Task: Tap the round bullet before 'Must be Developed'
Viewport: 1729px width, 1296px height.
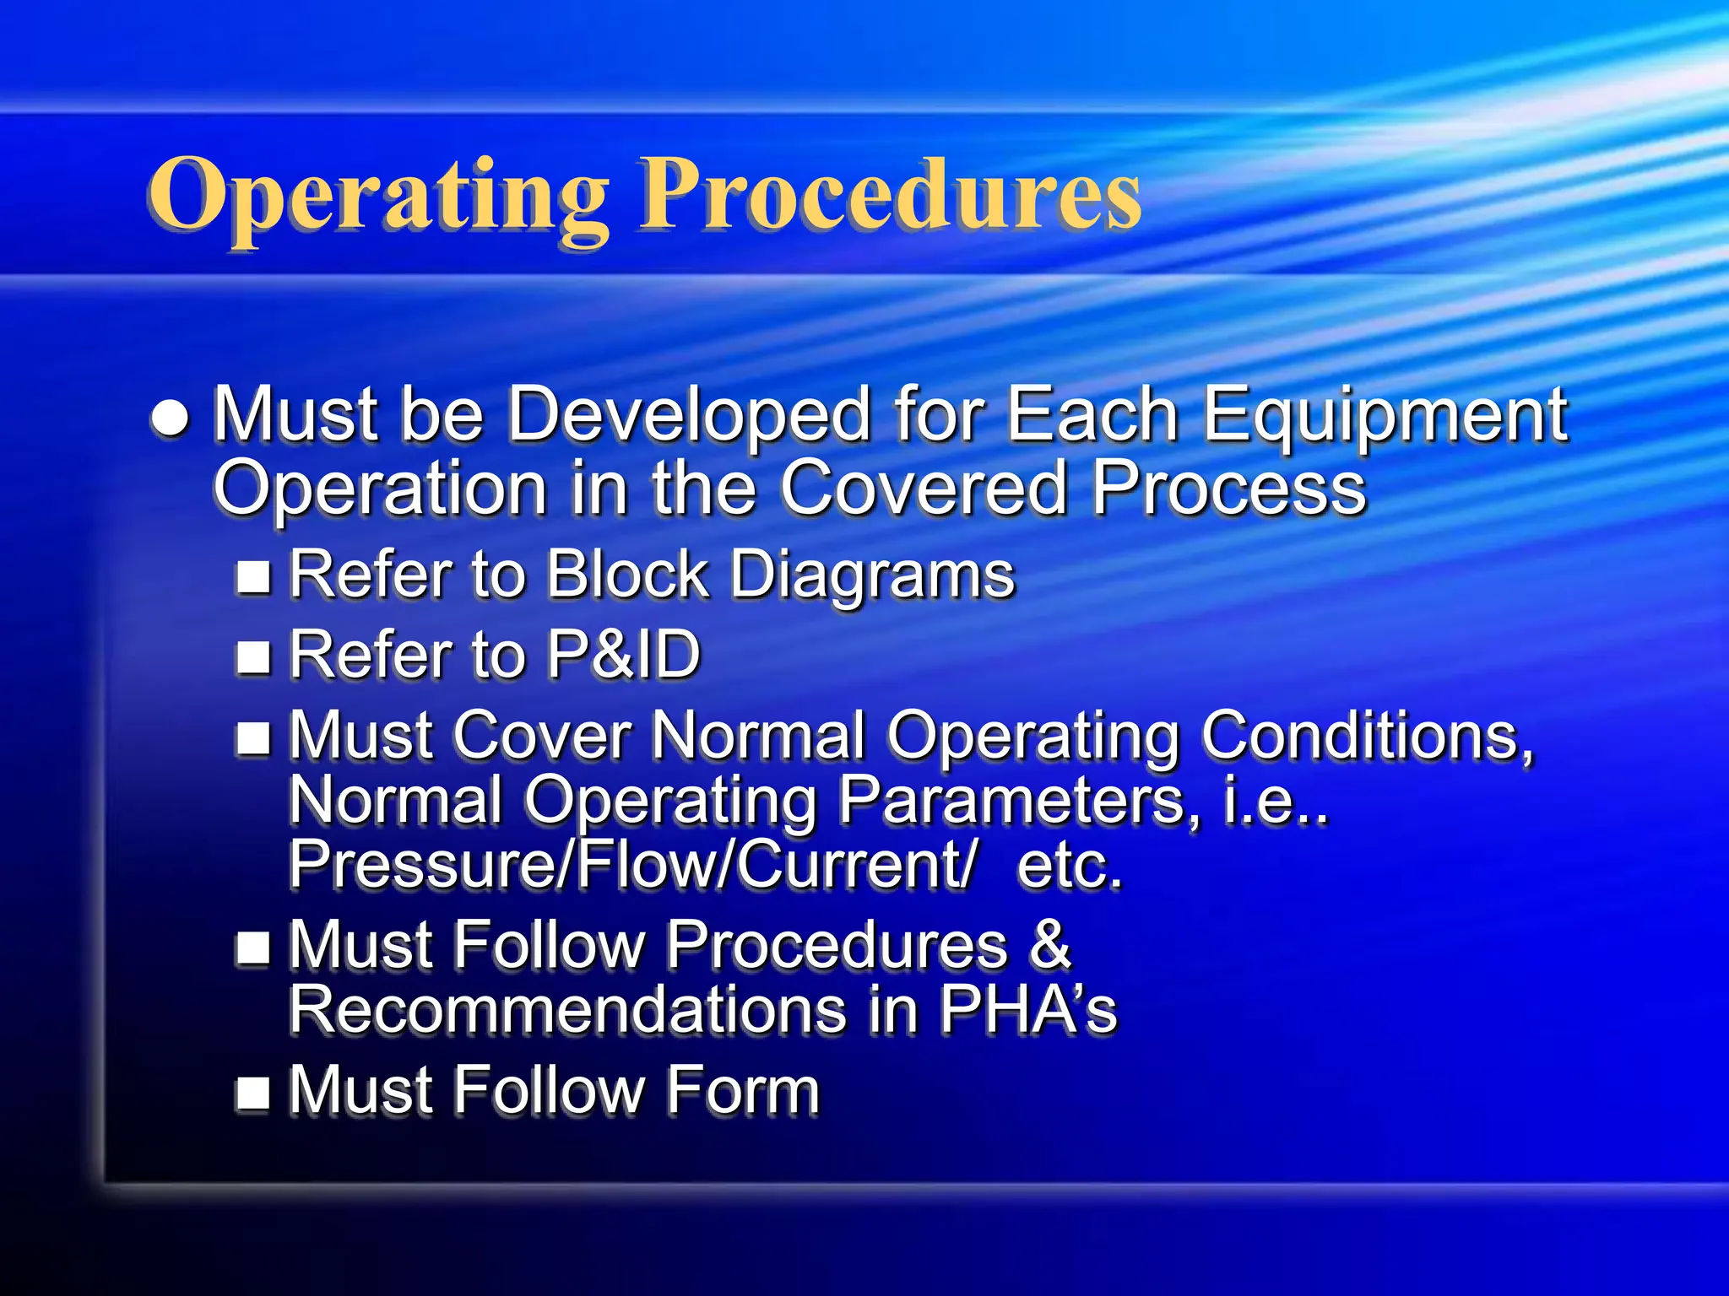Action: point(171,418)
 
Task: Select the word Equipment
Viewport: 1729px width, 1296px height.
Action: point(1385,415)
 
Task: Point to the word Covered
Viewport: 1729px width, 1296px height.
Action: point(924,489)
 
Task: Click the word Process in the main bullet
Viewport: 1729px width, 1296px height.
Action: point(1228,489)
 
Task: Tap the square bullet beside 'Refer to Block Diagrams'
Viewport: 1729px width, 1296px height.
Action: point(253,577)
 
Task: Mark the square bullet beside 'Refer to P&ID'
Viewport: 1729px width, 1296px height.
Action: point(253,657)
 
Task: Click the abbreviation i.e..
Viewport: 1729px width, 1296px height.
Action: point(1275,800)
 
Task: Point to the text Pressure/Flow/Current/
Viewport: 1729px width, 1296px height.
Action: point(633,864)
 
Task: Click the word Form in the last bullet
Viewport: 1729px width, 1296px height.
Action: point(743,1090)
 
